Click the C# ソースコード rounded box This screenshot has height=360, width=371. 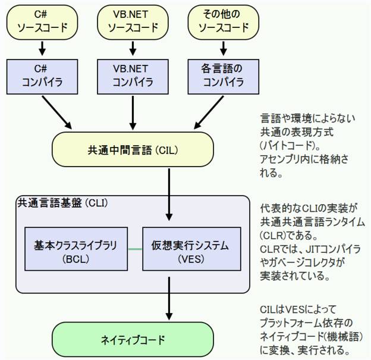42,22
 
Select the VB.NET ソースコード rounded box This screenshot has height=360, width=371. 133,22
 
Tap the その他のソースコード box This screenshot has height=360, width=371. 224,22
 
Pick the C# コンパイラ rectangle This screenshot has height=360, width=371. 42,77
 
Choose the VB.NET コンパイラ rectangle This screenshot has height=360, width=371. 133,77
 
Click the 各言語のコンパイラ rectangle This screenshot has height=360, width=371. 224,77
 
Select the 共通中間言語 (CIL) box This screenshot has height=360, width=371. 133,149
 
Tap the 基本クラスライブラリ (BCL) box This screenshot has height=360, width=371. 76,249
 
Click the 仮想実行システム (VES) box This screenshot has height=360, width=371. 191,249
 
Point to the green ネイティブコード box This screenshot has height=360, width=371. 133,339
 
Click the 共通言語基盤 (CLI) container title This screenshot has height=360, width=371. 63,204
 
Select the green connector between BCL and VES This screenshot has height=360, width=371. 135,249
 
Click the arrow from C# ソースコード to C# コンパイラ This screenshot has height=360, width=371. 42,49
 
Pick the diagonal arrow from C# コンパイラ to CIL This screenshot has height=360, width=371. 57,112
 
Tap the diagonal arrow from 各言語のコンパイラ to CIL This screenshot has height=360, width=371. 209,112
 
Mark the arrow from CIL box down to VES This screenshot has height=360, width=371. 169,195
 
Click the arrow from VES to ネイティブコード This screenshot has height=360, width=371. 169,299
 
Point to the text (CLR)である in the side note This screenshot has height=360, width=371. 289,236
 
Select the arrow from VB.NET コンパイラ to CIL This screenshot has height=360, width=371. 133,112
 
